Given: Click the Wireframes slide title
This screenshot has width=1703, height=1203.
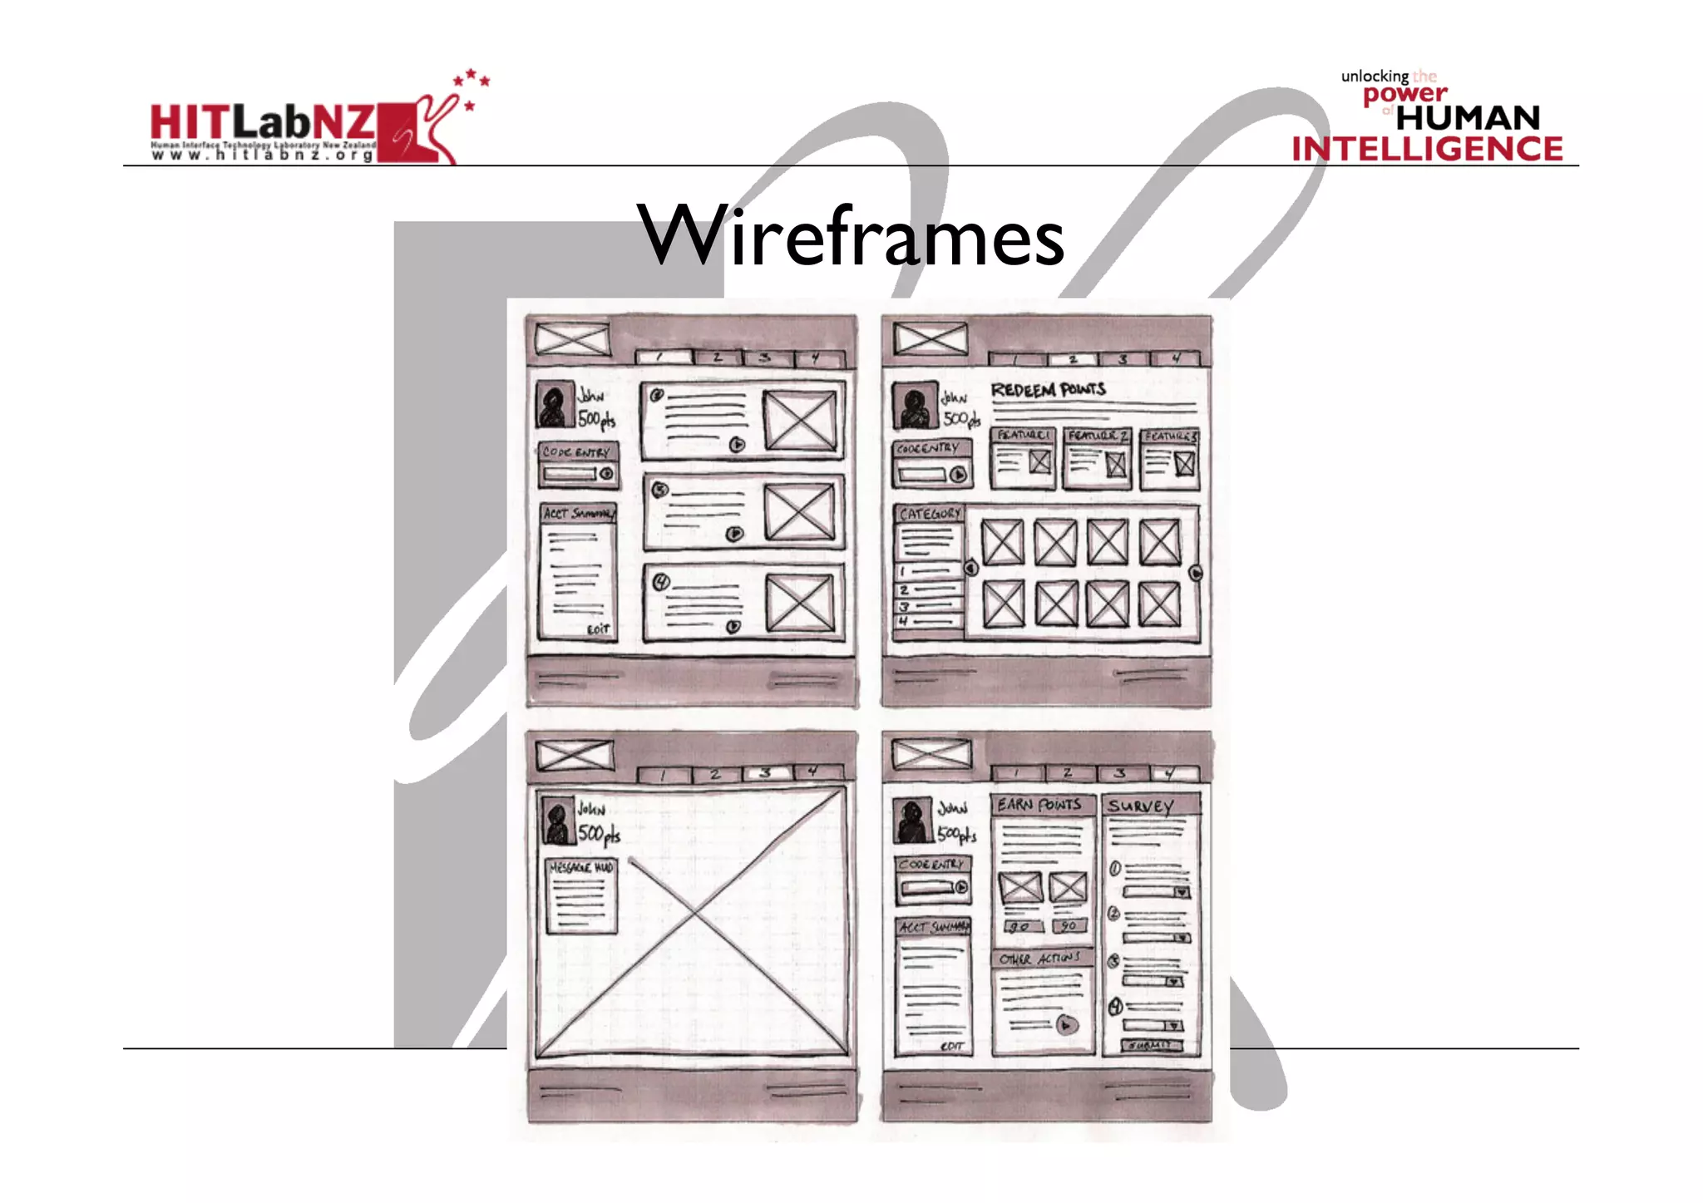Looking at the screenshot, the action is [850, 237].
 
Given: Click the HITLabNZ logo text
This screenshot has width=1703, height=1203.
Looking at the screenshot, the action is [262, 123].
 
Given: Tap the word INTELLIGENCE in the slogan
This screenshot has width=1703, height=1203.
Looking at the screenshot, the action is [1427, 149].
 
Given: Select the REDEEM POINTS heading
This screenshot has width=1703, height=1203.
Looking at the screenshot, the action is [1048, 390].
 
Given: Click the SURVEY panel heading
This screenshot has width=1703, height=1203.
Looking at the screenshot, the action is [1140, 806].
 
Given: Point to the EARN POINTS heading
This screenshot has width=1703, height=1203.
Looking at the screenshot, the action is [1039, 804].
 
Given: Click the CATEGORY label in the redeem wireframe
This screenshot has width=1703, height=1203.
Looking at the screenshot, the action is [930, 514].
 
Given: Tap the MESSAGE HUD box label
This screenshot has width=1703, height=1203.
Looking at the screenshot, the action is [581, 867].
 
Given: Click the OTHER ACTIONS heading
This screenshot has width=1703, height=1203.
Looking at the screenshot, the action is [1039, 959].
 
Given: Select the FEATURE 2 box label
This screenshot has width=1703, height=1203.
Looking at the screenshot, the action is [1097, 436].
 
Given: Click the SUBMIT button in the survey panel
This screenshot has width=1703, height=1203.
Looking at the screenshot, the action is [1151, 1045].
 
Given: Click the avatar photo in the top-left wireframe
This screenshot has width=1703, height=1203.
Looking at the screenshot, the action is [555, 405].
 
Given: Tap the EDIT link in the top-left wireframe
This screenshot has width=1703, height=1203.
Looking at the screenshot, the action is [598, 629].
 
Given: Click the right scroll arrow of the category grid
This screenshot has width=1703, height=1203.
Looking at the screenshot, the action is [1196, 573].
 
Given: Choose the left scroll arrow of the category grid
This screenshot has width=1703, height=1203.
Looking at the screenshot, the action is [970, 569].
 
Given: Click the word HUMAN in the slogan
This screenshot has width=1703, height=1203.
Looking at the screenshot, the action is [1468, 118].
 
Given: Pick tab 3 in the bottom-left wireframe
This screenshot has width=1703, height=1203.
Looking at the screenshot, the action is [766, 773].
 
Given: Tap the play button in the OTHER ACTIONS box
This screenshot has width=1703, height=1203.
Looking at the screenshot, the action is [1067, 1025].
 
